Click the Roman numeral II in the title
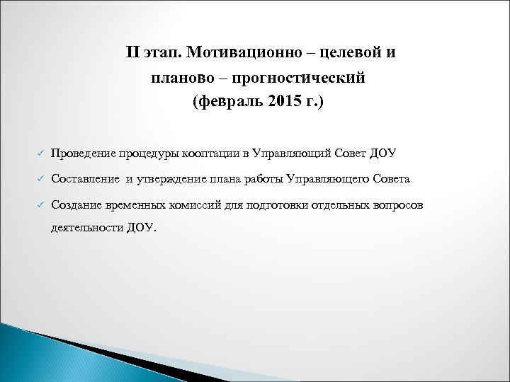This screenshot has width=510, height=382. (x=133, y=53)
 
